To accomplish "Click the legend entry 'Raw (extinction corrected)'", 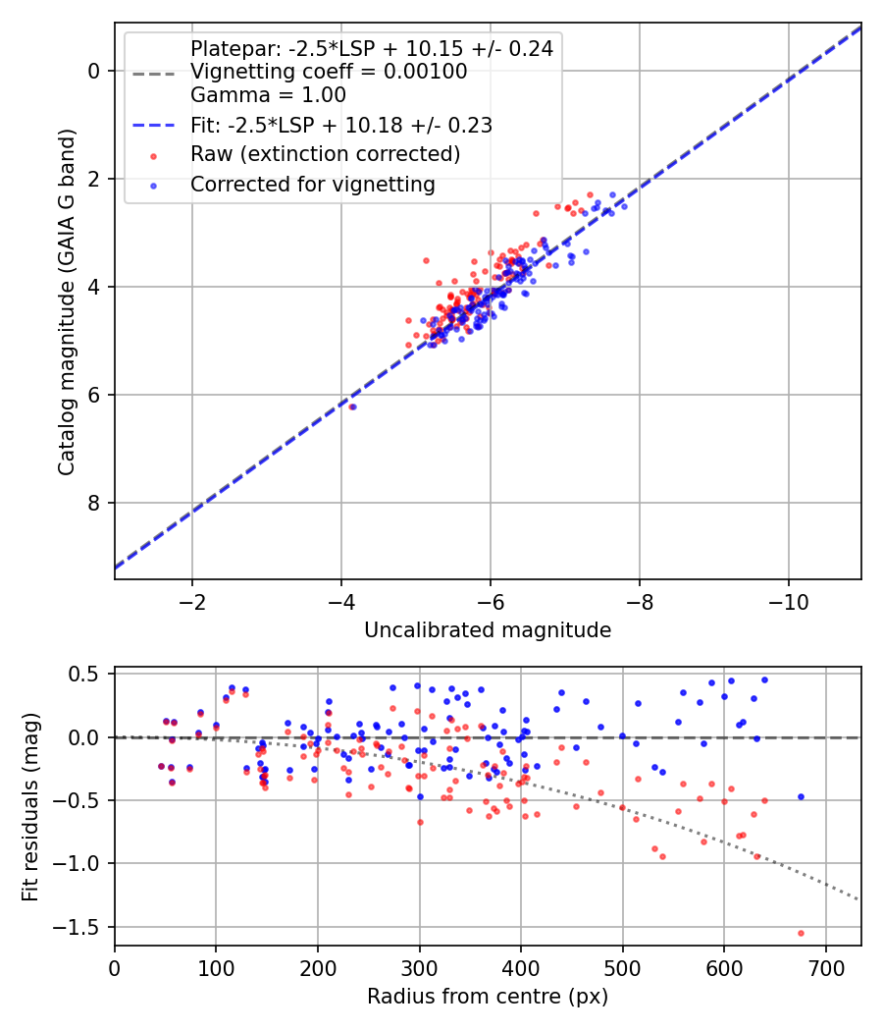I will [x=325, y=154].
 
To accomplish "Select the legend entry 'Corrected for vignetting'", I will [x=312, y=184].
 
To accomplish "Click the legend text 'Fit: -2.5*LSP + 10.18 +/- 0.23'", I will [x=340, y=125].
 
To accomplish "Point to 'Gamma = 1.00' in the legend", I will [x=268, y=95].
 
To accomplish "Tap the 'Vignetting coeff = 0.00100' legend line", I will [x=329, y=72].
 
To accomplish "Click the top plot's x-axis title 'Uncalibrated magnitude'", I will [x=488, y=630].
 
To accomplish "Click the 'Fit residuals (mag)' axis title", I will [x=29, y=806].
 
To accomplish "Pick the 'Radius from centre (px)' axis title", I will [x=488, y=997].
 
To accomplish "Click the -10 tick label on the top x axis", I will [x=788, y=601].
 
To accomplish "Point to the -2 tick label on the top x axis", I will [x=192, y=601].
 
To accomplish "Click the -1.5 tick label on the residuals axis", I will [x=81, y=927].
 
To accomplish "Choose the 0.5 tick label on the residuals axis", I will [x=86, y=675].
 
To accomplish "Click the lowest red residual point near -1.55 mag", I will [x=801, y=933].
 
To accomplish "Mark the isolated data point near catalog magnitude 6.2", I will [x=352, y=407].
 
